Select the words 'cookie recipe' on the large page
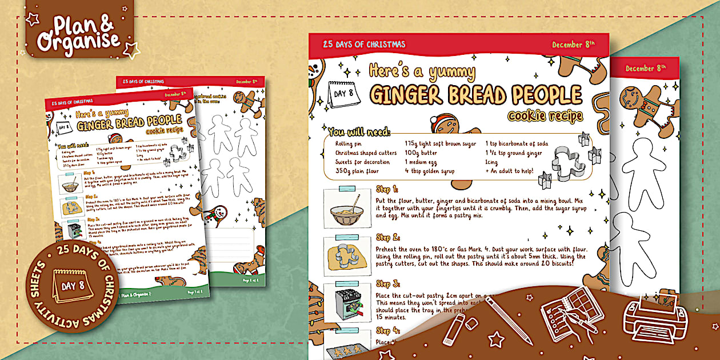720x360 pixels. coord(545,116)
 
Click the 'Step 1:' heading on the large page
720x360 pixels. coord(387,189)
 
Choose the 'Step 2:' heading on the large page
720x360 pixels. coord(387,237)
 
